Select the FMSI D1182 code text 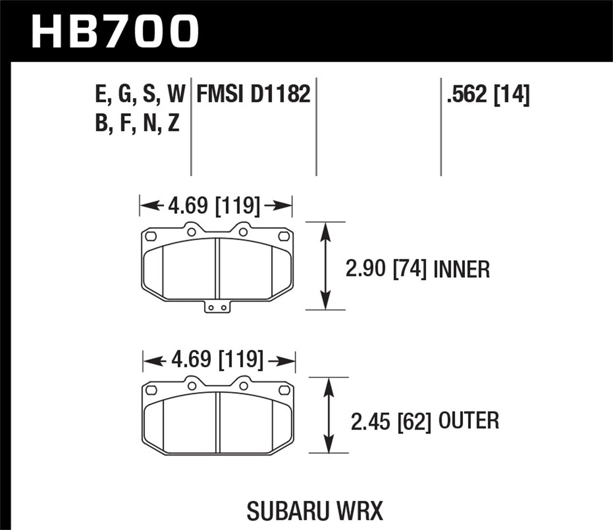tap(253, 94)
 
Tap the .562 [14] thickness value tap(488, 94)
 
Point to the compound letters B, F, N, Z tap(137, 123)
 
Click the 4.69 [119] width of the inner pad tap(216, 206)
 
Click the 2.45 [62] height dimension tap(391, 421)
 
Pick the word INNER tap(461, 269)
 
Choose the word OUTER tap(469, 421)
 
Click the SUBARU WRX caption tap(315, 511)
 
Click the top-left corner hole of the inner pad tap(149, 235)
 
